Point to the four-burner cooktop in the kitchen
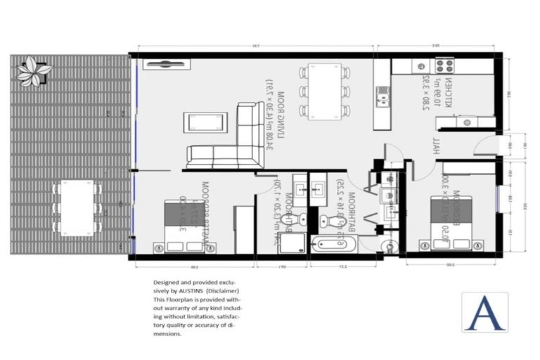[444, 66]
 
